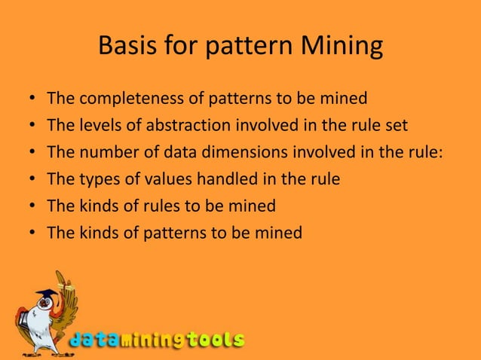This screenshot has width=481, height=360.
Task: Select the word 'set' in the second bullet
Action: [x=395, y=125]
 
